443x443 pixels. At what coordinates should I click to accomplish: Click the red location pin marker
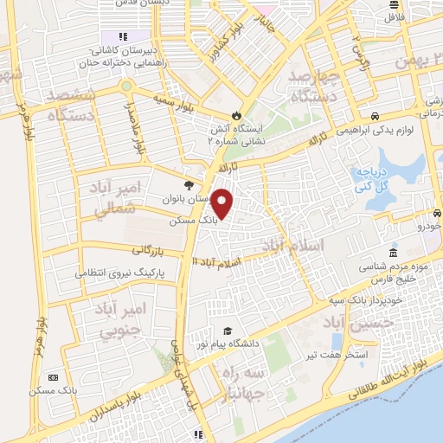tap(223, 202)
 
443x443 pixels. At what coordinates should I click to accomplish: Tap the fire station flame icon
tap(236, 116)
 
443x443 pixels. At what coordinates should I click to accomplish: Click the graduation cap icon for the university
tap(228, 331)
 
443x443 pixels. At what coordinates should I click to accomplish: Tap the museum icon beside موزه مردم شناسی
tap(393, 254)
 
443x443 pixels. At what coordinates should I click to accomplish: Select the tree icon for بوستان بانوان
tap(188, 184)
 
